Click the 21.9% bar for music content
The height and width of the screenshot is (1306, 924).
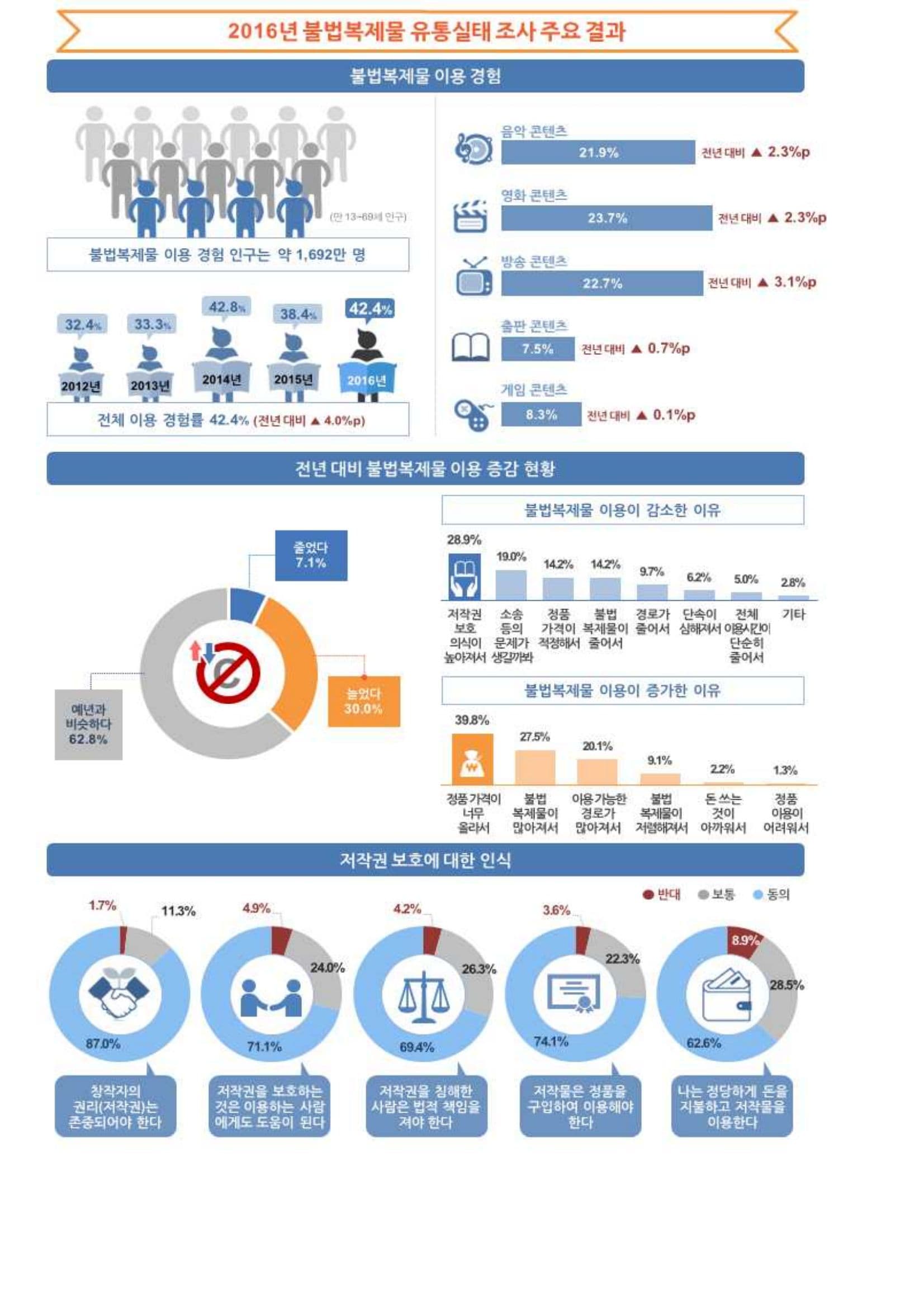598,153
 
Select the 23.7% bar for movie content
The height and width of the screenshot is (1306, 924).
606,218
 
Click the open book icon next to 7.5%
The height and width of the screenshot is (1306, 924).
470,347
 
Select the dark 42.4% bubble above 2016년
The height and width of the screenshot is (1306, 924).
370,310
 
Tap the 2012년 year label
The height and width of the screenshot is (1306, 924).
81,386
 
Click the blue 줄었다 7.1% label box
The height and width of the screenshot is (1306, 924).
311,555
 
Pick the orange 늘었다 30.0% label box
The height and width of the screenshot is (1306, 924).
363,701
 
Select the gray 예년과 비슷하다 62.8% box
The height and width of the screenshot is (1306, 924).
88,725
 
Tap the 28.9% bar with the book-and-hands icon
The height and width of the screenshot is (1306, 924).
465,577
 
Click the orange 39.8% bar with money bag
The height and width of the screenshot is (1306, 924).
472,759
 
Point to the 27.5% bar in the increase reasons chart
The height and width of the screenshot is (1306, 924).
535,767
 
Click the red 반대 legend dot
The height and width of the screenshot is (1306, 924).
647,895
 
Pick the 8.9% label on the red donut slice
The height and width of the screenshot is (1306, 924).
744,941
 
